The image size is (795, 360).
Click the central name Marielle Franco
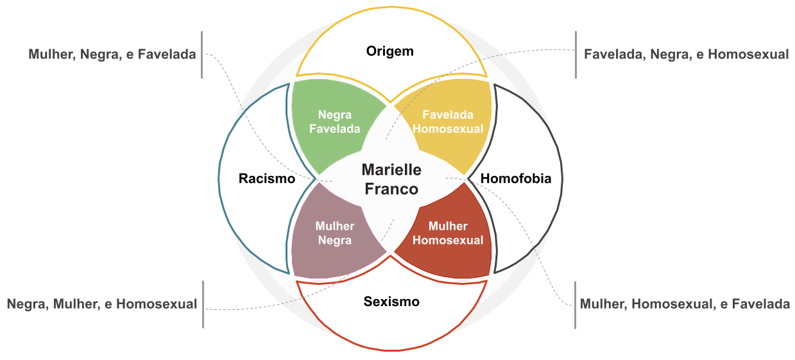(391, 179)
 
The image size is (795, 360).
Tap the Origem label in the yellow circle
(390, 51)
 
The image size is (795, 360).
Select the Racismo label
(266, 178)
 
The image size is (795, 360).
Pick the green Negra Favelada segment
(327, 122)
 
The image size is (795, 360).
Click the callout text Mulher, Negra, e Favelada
(112, 55)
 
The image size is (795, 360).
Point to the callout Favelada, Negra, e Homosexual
(686, 55)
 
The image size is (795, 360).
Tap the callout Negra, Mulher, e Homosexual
(102, 304)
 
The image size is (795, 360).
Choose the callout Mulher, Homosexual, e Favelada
(685, 304)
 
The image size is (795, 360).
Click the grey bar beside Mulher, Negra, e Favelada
(201, 55)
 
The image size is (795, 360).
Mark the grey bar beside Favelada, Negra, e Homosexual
(576, 55)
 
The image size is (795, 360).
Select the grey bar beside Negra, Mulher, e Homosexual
(203, 304)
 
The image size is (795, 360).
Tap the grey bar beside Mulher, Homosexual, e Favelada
(575, 304)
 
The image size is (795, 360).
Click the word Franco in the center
(391, 189)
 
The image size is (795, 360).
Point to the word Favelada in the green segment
(334, 128)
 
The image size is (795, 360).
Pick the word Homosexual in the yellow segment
(448, 128)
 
